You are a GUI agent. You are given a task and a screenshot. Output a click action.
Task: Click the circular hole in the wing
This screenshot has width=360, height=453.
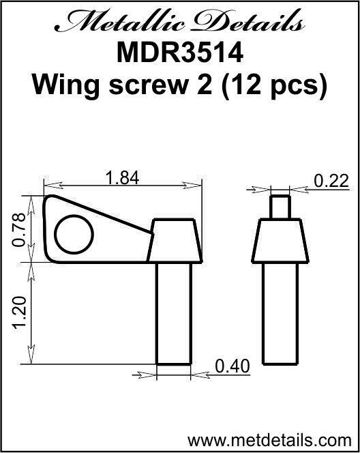[x=73, y=236]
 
